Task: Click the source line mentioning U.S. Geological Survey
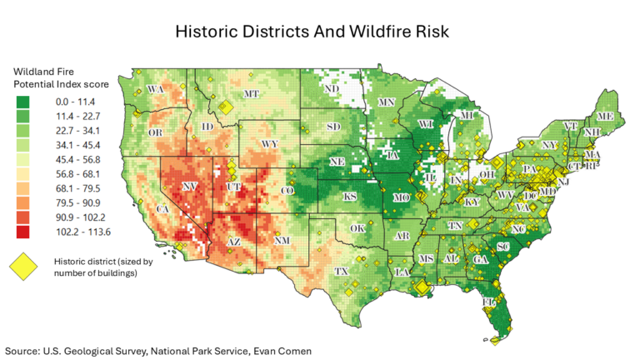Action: [x=158, y=351]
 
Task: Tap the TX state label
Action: [x=341, y=272]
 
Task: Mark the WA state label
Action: [x=155, y=88]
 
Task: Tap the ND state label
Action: [x=331, y=88]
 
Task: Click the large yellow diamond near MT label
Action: [x=224, y=106]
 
